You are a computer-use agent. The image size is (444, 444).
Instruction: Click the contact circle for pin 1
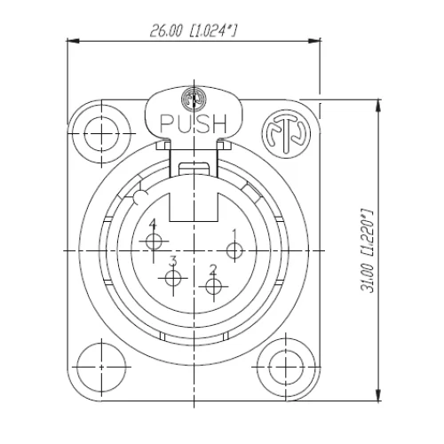[x=234, y=250]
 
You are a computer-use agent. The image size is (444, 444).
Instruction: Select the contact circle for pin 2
[x=212, y=286]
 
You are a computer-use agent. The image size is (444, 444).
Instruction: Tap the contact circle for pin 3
[x=173, y=279]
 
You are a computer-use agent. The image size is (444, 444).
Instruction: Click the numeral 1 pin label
[x=234, y=233]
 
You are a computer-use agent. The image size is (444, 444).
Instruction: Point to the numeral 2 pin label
[x=213, y=268]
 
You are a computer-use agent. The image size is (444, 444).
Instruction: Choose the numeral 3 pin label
[x=174, y=260]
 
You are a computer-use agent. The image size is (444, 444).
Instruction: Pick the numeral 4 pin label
[x=154, y=224]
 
